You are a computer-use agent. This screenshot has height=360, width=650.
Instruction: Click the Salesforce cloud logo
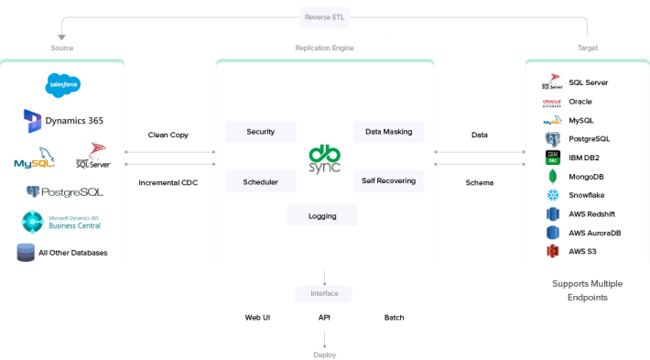click(x=64, y=85)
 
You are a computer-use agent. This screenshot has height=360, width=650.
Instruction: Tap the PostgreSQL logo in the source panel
click(x=64, y=192)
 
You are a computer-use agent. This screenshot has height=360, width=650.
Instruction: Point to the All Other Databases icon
click(x=26, y=253)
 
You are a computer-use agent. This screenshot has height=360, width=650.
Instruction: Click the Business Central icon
click(x=33, y=223)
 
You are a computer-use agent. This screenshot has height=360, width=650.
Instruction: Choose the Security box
click(x=261, y=132)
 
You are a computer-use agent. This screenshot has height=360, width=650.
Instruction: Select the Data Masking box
click(x=388, y=132)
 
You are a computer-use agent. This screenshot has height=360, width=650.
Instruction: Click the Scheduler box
click(x=261, y=181)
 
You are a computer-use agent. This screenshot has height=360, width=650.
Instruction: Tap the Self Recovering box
click(x=388, y=181)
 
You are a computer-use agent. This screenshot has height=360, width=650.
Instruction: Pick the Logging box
click(x=322, y=216)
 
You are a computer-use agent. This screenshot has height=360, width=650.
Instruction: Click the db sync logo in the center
click(x=324, y=158)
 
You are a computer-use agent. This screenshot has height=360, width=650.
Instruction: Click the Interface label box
click(x=324, y=293)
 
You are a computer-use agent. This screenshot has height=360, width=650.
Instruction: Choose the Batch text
click(x=394, y=318)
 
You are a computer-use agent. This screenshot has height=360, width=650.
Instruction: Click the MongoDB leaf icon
click(x=552, y=177)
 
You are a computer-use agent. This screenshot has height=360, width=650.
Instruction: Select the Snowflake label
click(x=586, y=195)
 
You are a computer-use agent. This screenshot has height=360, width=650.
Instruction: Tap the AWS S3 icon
click(x=552, y=251)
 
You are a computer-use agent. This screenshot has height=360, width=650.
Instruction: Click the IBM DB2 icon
click(x=552, y=158)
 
